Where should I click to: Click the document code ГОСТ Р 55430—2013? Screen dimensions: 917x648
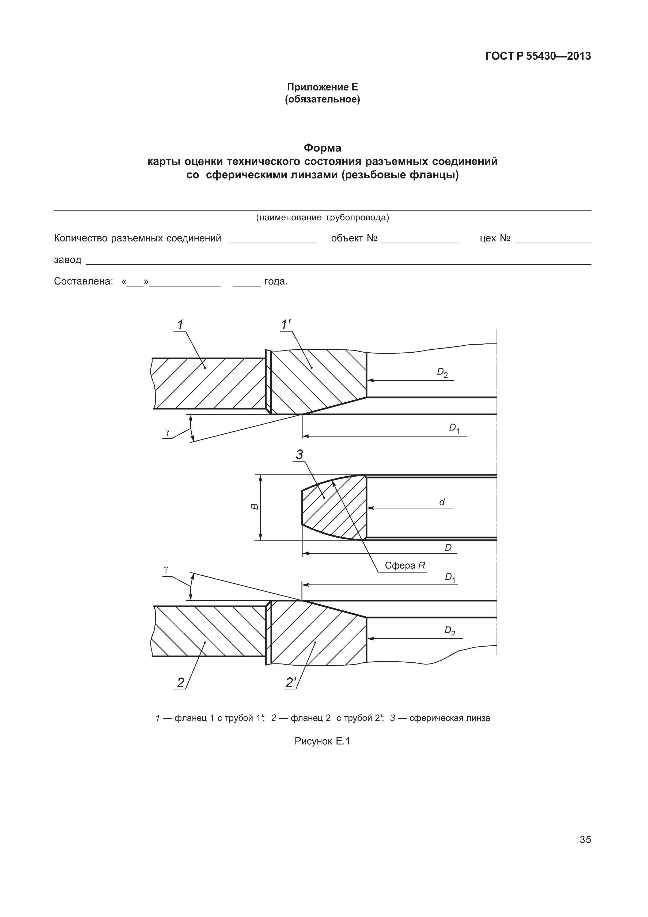tap(538, 56)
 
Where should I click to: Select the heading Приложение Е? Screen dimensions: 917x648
tap(322, 87)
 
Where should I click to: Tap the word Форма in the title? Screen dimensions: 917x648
tap(322, 148)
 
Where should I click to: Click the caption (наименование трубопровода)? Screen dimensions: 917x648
tap(322, 218)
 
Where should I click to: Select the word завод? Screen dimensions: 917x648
tap(67, 260)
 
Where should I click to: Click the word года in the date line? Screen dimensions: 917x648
tap(275, 282)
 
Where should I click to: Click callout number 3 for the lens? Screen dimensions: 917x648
tap(300, 455)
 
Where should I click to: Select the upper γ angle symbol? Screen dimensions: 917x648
tap(167, 432)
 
